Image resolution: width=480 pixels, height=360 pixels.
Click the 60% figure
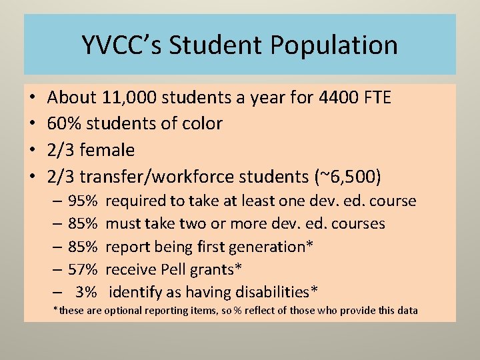pos(64,123)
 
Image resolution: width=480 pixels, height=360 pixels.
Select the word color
pos(199,123)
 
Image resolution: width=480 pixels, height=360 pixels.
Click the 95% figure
pos(83,201)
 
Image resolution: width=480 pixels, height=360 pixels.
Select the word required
pos(135,201)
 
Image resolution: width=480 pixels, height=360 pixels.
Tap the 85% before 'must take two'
pos(83,223)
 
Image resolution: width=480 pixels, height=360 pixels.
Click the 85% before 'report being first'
pos(83,247)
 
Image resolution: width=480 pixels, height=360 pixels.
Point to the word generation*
pos(271,247)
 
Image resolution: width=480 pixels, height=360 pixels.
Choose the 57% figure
pos(83,269)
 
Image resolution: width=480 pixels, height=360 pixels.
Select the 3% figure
pos(87,292)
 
